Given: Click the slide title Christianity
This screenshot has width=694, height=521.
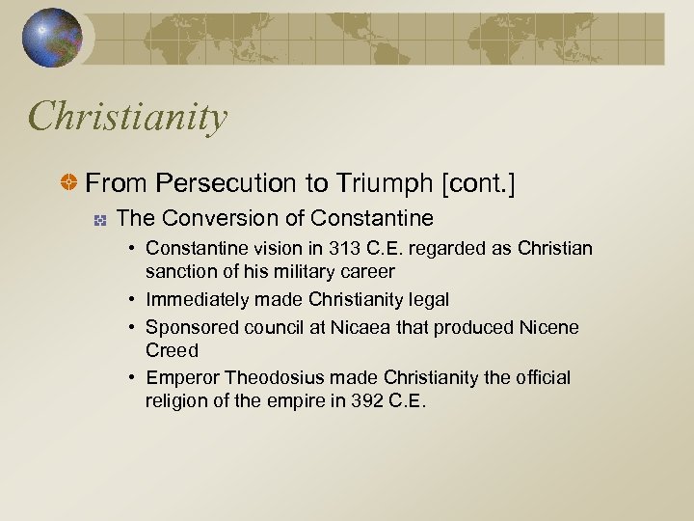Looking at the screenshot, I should tap(128, 118).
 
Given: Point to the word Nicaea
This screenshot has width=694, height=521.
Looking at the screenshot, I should tap(361, 327).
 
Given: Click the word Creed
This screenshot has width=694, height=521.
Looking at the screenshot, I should tap(172, 350).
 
